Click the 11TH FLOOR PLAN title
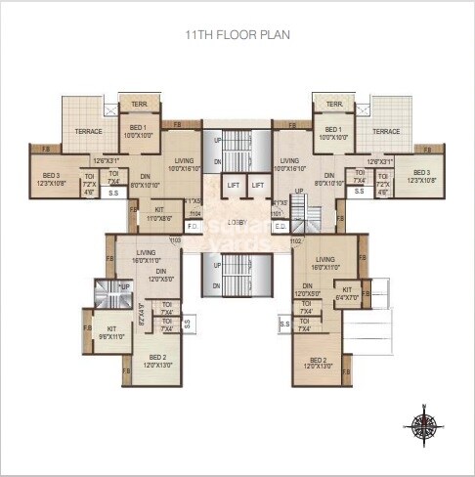(237, 34)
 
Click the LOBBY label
(237, 222)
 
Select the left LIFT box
(234, 185)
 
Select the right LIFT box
(257, 185)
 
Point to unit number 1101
(277, 212)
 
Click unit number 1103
(176, 238)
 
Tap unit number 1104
(194, 212)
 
